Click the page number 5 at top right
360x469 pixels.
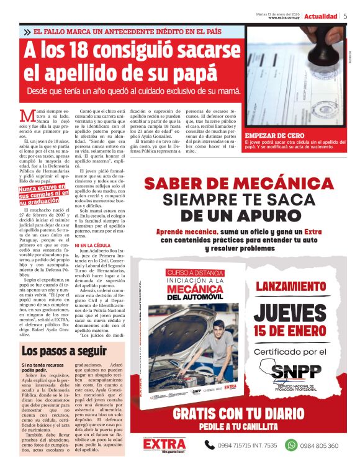click(x=345, y=16)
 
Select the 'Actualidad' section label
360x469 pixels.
click(x=321, y=16)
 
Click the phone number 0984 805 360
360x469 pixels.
click(x=330, y=445)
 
